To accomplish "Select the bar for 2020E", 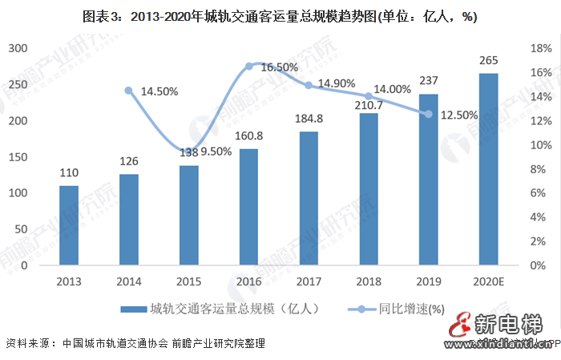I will click(x=488, y=169).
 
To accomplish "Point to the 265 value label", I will click(x=488, y=62).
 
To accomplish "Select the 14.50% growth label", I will click(x=160, y=91).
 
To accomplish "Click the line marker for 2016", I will click(x=248, y=66).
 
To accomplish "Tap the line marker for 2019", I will click(x=428, y=114).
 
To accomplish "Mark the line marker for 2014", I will click(x=129, y=90).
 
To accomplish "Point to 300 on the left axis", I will click(x=18, y=48).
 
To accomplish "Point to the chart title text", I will click(x=280, y=16).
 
